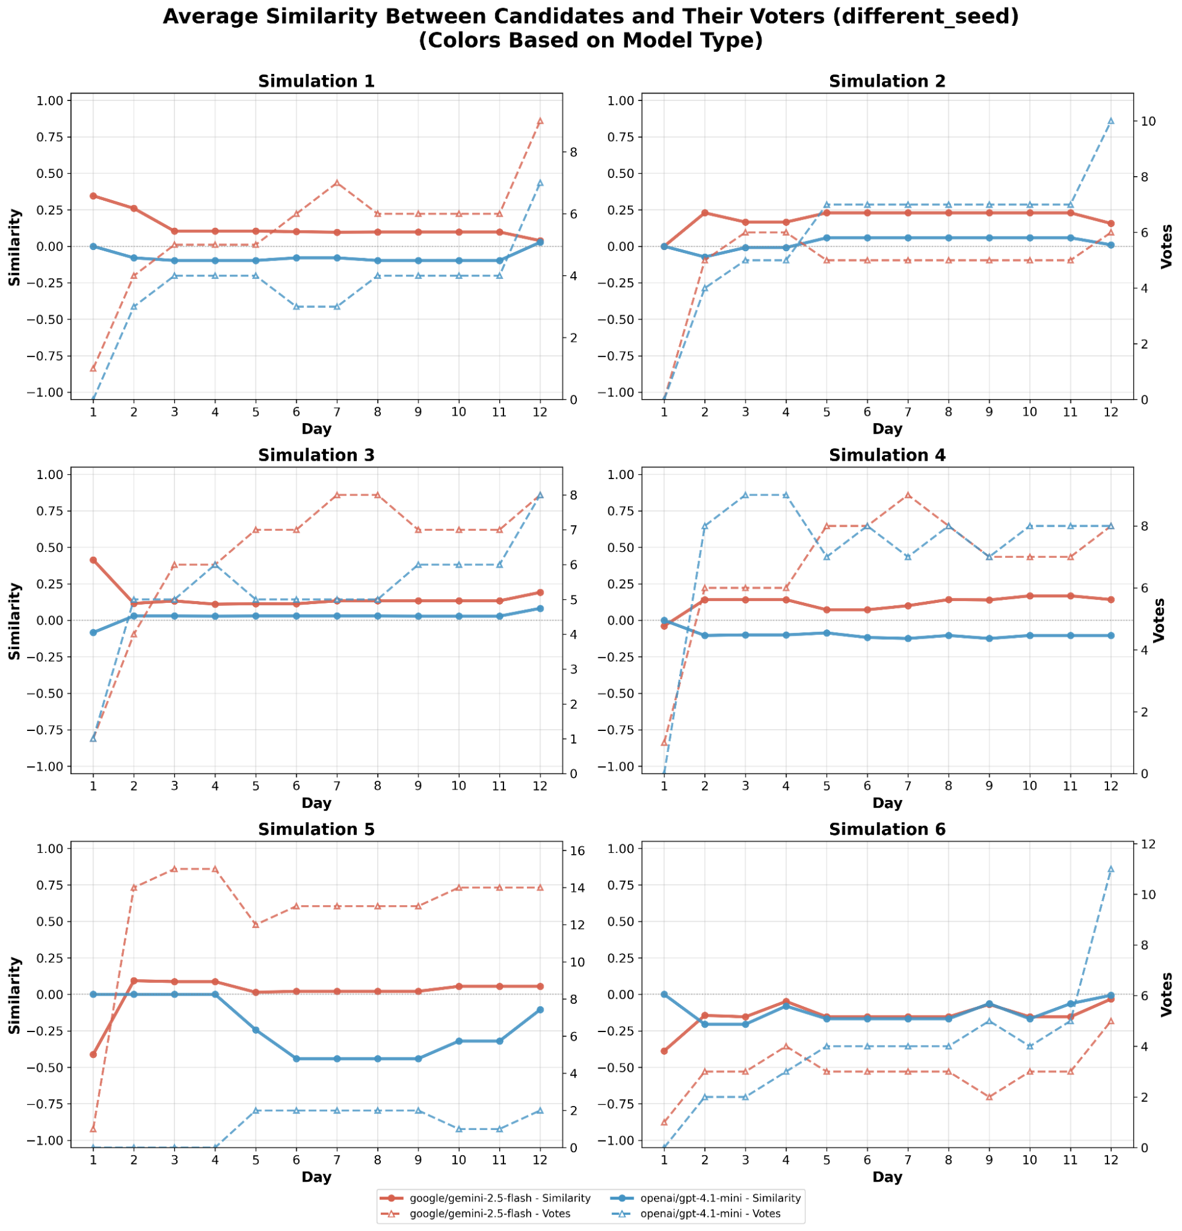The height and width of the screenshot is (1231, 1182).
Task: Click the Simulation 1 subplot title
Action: (316, 82)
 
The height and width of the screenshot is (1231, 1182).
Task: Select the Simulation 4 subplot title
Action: (887, 455)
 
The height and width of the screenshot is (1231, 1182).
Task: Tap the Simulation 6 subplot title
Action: (887, 829)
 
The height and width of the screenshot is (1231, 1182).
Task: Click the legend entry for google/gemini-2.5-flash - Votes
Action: (489, 1213)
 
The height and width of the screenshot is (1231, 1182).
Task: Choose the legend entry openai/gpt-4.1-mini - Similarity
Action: (720, 1198)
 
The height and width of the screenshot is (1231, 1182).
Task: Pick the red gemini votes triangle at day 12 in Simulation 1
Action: (540, 121)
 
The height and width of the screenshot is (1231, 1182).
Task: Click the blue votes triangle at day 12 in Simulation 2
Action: (1111, 121)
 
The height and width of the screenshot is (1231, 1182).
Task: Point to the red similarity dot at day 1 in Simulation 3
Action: (93, 560)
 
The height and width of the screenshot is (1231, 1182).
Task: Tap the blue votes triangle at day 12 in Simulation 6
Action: (1111, 869)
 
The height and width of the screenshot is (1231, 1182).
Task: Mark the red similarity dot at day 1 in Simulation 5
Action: (93, 1054)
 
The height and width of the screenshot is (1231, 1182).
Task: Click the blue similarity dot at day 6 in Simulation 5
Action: (296, 1059)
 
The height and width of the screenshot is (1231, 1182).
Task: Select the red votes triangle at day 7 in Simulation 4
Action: (907, 495)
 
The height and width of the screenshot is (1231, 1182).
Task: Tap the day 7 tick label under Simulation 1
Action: (337, 412)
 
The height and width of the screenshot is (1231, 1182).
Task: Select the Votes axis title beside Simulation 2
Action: (1167, 246)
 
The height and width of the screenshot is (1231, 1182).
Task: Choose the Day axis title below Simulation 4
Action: (887, 802)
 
